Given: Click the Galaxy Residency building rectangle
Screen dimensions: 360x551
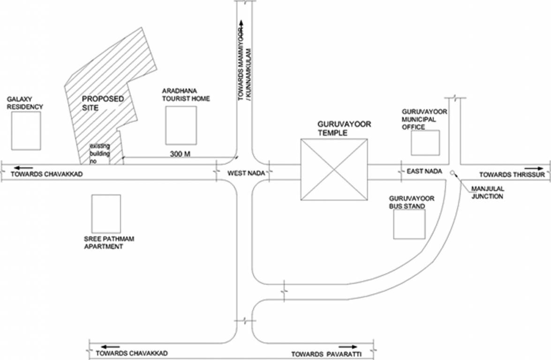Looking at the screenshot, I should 26,130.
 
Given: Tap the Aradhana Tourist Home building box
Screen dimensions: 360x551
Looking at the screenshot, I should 181,125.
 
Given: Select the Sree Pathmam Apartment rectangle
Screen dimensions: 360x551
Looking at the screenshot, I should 106,213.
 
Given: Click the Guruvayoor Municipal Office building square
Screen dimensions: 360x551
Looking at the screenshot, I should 425,143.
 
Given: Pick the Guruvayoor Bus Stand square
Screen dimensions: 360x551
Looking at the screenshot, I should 409,224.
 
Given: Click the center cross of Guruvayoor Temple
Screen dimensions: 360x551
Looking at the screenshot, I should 333,169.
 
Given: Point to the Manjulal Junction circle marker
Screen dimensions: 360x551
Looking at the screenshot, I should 452,173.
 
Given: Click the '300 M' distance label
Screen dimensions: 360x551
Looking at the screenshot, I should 180,154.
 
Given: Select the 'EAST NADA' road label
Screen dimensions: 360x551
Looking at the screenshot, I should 425,172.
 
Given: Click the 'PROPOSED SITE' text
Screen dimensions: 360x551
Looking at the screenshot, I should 103,103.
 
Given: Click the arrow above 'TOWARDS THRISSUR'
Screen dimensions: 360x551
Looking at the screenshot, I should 533,167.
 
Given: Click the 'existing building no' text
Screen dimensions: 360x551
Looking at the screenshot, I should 99,153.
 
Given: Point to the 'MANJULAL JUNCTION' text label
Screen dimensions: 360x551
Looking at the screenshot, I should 487,193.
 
